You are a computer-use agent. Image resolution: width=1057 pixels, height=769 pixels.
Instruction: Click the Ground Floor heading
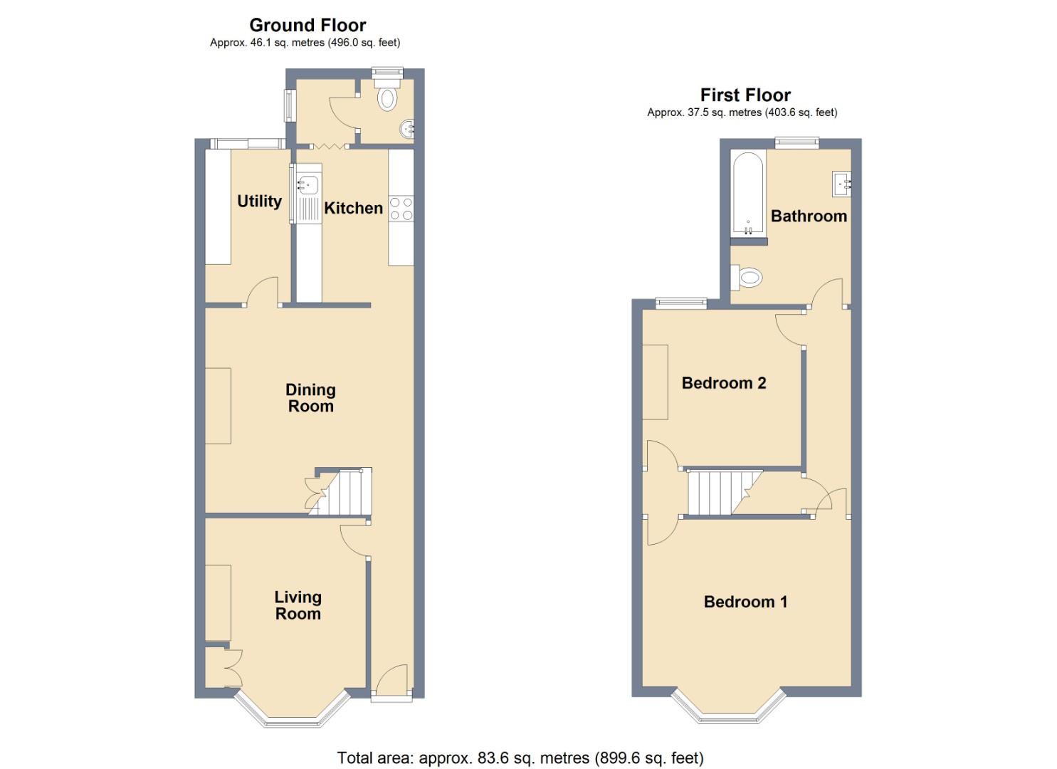[307, 25]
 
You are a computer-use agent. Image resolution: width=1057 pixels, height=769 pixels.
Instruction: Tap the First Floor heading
[745, 95]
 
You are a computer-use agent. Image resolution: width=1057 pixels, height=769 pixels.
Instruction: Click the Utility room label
[259, 201]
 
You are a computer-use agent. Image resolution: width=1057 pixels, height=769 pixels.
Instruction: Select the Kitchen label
[353, 208]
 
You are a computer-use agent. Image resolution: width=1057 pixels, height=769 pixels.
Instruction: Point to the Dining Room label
[310, 398]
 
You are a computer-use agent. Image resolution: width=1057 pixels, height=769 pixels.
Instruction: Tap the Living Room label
[298, 605]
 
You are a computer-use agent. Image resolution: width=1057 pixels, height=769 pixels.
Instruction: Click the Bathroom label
[809, 216]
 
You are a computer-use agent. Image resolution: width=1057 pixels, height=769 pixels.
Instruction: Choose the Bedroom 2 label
[724, 383]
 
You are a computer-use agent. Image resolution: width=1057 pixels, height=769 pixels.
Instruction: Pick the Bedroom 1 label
[745, 602]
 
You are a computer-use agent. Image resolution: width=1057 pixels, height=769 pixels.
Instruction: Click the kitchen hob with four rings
[401, 208]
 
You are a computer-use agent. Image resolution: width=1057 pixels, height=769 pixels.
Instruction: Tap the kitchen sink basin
[307, 184]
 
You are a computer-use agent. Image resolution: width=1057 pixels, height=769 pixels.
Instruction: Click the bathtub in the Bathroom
[747, 194]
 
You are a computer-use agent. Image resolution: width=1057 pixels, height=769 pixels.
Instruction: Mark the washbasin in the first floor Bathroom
[841, 184]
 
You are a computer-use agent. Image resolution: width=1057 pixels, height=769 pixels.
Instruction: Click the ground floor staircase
[344, 492]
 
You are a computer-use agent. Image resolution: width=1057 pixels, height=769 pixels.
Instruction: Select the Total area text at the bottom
[520, 758]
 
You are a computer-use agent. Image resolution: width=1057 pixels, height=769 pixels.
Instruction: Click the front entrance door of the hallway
[391, 681]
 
